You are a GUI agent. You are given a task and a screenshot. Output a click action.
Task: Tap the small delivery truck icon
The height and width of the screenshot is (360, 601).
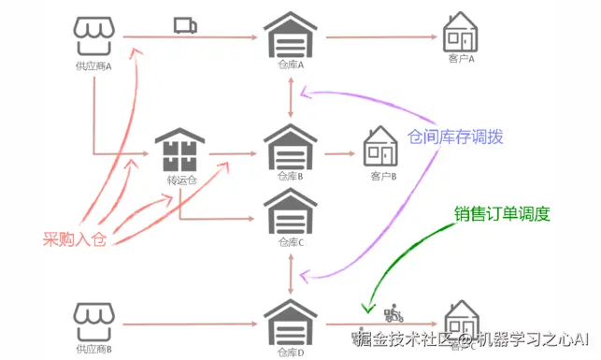point(184,25)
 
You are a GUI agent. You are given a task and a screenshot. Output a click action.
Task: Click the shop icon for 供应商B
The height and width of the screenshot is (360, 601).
point(93,322)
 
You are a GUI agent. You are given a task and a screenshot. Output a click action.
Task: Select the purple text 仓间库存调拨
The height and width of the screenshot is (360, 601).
point(455,137)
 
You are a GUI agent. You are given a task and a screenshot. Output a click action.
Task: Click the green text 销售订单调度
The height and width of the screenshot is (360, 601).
point(502,213)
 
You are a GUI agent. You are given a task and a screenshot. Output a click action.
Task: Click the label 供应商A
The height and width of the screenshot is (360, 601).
point(93,66)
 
